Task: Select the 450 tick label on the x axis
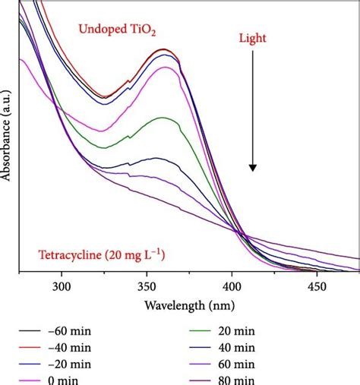pos(336,287)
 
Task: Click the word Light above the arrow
pos(252,36)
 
